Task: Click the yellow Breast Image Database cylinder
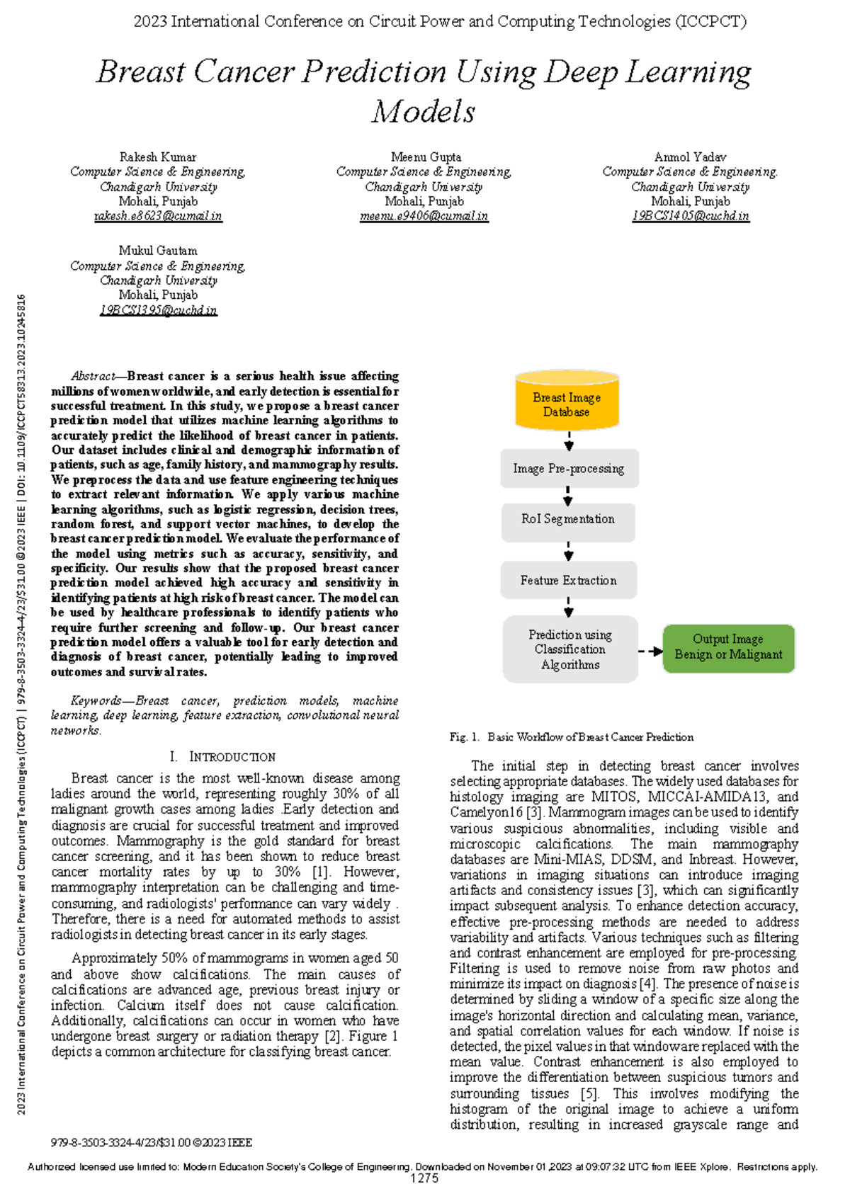(x=567, y=404)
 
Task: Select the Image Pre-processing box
(x=569, y=469)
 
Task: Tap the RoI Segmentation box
(x=568, y=519)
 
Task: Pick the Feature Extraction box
(x=568, y=581)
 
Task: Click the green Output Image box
(x=728, y=647)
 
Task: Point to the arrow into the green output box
(x=650, y=651)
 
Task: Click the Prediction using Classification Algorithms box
(x=570, y=649)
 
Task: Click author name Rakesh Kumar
(x=158, y=157)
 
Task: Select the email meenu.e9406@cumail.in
(x=424, y=216)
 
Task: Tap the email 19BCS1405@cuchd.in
(x=691, y=216)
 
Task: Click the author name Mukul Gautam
(x=158, y=251)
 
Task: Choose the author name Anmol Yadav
(x=690, y=157)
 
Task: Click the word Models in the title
(x=424, y=112)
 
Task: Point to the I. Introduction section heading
(x=223, y=756)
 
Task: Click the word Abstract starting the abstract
(x=93, y=376)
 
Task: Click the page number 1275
(x=424, y=1178)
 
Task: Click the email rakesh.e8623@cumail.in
(x=158, y=216)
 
